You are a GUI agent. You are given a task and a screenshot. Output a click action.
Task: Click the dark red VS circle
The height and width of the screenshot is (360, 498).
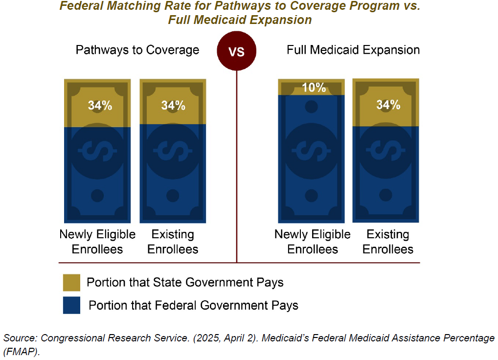tap(237, 51)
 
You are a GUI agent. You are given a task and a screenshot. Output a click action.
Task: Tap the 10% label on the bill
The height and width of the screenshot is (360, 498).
tap(314, 88)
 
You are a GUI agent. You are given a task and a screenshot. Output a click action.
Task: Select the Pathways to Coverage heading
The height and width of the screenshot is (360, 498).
tap(137, 50)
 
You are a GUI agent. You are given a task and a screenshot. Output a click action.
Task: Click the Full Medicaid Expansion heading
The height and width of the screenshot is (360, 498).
tap(353, 50)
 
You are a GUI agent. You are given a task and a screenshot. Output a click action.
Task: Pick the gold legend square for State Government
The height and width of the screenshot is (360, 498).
tap(71, 283)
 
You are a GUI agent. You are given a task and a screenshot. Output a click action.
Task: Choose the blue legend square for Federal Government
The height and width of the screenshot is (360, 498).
tap(71, 306)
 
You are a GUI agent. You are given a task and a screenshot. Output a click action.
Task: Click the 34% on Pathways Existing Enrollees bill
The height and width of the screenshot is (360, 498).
tap(173, 105)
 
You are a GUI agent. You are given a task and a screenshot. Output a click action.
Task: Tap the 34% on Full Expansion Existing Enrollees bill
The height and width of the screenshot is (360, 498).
tap(388, 105)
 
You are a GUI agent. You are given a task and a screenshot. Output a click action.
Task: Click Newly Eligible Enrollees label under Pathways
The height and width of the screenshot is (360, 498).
tap(97, 242)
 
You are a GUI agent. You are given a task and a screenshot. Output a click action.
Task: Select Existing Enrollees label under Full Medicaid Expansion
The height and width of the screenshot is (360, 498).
tap(388, 242)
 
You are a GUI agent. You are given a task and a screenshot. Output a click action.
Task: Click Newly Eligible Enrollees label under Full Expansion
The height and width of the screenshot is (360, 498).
tap(313, 242)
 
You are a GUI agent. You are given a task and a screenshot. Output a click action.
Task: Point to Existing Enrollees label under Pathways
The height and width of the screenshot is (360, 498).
tap(173, 242)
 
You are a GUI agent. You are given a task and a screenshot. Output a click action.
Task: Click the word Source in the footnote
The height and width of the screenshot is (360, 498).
tap(20, 338)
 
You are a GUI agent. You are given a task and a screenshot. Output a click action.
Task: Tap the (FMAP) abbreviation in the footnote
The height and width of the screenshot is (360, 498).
tap(21, 351)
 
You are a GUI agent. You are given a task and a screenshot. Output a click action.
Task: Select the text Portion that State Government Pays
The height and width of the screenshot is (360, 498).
tap(185, 283)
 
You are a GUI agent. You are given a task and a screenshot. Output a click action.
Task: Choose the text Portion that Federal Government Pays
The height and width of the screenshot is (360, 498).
tap(193, 306)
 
